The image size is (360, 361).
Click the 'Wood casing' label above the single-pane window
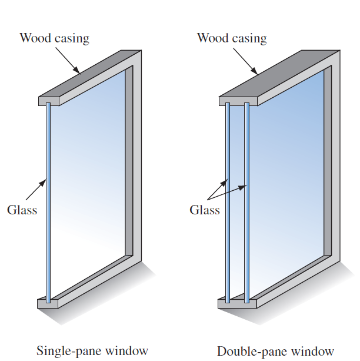[54, 39]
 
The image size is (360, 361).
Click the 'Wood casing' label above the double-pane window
[231, 39]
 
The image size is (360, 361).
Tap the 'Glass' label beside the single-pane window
[22, 210]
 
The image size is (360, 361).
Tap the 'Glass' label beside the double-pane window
[204, 210]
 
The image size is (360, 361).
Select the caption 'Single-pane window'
[92, 351]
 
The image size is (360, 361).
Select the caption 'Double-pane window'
[275, 351]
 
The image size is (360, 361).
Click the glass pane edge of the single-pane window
[48, 200]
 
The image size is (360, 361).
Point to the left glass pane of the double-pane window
[228, 200]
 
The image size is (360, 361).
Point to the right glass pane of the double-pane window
[246, 200]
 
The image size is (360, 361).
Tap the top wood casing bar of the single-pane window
[88, 77]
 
